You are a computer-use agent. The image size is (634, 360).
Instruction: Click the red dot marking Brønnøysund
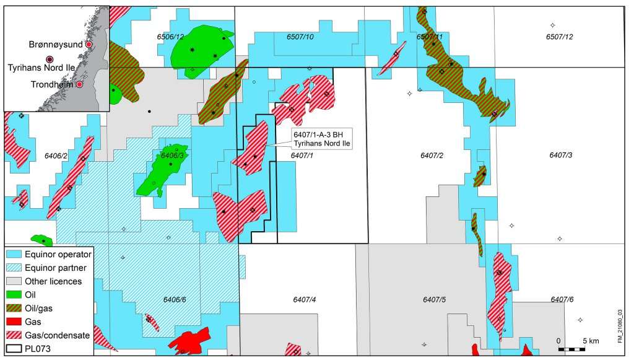click(x=89, y=45)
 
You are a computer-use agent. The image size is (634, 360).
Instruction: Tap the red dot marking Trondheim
click(x=79, y=84)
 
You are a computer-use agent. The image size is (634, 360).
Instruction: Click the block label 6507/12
click(x=560, y=38)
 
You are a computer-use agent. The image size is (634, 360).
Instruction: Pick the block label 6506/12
click(x=170, y=38)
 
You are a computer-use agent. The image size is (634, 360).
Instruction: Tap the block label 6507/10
click(x=300, y=38)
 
